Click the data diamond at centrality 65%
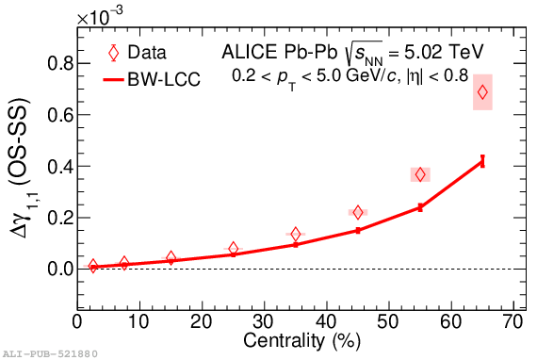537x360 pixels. click(482, 92)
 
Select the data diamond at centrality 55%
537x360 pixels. click(420, 174)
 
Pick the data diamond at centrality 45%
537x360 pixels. click(358, 213)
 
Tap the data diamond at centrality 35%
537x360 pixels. click(296, 235)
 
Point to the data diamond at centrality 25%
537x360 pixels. click(234, 249)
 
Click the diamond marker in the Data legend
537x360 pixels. click(113, 53)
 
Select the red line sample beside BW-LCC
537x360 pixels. click(113, 80)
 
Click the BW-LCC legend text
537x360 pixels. click(164, 79)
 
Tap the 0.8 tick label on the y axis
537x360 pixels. click(60, 63)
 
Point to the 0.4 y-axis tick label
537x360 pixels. click(60, 167)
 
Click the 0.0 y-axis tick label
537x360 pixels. click(60, 269)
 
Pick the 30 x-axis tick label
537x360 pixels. click(264, 322)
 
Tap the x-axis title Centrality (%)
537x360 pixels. click(302, 341)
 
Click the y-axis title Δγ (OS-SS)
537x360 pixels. click(22, 168)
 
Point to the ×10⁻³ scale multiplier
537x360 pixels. click(100, 16)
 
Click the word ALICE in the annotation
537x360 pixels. click(250, 52)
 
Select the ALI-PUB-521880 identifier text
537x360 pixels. click(50, 353)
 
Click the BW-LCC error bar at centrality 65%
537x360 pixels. click(482, 161)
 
